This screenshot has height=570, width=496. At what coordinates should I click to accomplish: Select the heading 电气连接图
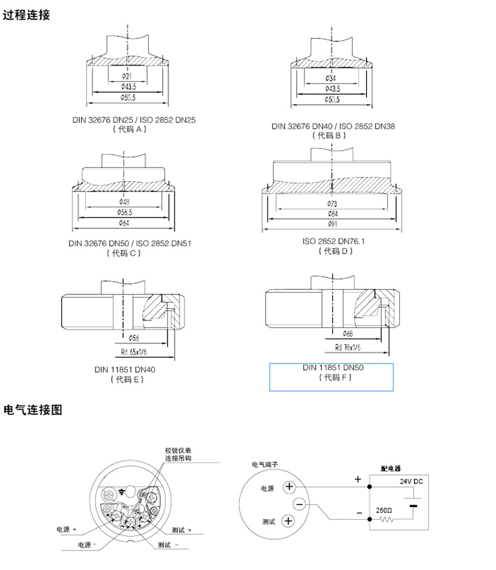[33, 411]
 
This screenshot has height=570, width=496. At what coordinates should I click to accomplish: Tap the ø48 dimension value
[124, 202]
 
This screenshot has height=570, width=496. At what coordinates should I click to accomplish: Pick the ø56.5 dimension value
[124, 212]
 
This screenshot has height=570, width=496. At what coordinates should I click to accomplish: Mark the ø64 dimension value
[124, 222]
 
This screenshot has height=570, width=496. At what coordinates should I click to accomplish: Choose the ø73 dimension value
[332, 203]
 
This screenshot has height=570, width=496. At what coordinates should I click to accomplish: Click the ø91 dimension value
[332, 223]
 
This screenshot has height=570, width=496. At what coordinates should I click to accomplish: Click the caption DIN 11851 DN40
[125, 370]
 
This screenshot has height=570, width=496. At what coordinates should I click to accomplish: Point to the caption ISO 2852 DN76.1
[333, 241]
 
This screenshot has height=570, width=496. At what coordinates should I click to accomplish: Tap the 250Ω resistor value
[384, 510]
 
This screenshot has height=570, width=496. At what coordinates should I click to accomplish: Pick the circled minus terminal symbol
[299, 503]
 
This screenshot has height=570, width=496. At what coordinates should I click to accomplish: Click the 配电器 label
[391, 468]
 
